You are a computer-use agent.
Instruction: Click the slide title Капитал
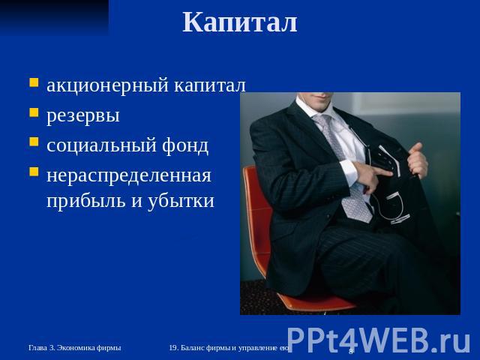tap(240, 22)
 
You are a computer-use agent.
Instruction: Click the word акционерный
tap(108, 85)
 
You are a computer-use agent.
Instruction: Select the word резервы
tap(83, 116)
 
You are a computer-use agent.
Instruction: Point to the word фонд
tap(185, 145)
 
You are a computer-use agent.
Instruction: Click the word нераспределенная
tap(129, 175)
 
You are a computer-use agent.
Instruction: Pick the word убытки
tap(181, 200)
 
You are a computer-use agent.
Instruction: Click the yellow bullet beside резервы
tap(34, 112)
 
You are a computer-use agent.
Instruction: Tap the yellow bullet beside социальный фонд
tap(34, 142)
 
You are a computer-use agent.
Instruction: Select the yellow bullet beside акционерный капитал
tap(34, 82)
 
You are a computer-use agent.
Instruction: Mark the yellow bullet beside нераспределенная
tap(34, 172)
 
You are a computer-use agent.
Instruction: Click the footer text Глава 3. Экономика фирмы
tap(75, 348)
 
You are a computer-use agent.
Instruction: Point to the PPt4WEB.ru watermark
tap(379, 340)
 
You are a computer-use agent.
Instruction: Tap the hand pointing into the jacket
tap(372, 175)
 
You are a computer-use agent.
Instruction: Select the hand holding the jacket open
tap(417, 160)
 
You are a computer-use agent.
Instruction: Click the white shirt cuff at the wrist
tap(349, 172)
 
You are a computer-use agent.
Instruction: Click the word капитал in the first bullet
tap(210, 85)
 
